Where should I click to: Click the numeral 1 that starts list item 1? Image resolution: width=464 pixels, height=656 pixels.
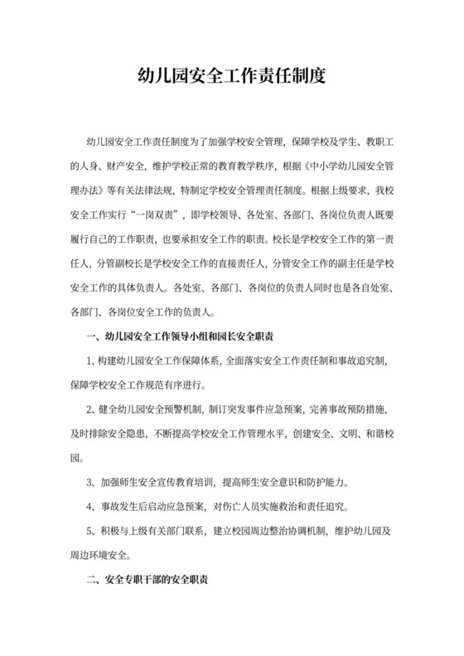pos(91,362)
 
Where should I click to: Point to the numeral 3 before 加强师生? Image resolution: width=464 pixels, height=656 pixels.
pos(91,483)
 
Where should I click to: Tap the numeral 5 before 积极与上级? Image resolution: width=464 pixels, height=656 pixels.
pos(91,532)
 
